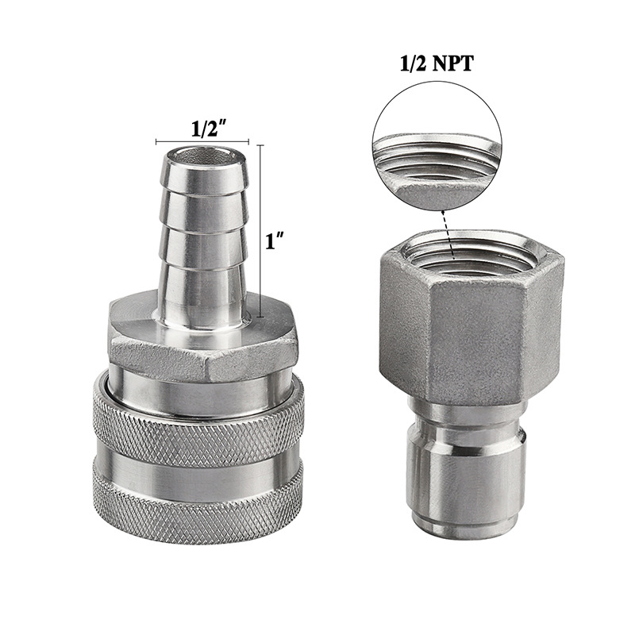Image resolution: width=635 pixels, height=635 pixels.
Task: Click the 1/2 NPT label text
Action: (x=437, y=64)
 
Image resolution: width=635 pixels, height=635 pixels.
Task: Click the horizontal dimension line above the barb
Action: (x=202, y=142)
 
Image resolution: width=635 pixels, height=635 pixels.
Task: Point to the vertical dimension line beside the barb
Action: (x=260, y=231)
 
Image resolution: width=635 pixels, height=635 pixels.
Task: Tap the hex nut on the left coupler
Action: (x=203, y=336)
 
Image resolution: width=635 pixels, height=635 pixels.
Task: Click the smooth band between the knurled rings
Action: (x=198, y=475)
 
